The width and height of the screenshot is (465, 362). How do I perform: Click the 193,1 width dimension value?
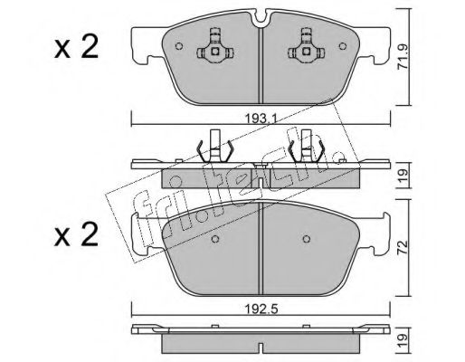[x=261, y=119]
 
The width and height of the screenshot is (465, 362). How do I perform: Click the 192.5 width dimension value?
[x=261, y=309]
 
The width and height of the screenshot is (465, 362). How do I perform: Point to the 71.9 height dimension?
[x=403, y=57]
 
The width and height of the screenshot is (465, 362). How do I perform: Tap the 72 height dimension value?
[x=403, y=247]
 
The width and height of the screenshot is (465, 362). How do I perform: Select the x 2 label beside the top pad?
[x=76, y=46]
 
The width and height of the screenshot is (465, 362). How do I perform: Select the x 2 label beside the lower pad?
[x=76, y=234]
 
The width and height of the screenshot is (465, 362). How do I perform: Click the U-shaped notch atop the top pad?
[x=261, y=18]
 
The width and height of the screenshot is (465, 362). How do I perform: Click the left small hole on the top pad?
[x=179, y=46]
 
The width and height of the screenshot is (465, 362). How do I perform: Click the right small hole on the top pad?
[x=343, y=46]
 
